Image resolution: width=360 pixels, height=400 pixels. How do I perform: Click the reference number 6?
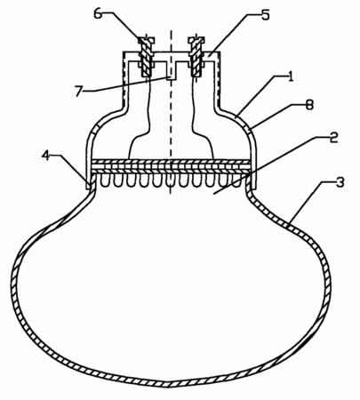click(99, 14)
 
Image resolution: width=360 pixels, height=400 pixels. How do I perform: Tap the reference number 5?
click(265, 14)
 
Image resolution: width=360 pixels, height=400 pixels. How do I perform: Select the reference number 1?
click(291, 76)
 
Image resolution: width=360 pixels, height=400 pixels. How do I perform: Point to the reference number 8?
click(309, 105)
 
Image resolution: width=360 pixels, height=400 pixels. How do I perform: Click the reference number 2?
click(333, 138)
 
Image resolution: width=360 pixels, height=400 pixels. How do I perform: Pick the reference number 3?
click(340, 182)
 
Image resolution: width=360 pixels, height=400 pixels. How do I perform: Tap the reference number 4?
click(46, 156)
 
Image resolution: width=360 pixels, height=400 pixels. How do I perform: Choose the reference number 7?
click(78, 91)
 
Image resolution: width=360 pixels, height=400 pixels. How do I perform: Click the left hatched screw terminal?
click(146, 56)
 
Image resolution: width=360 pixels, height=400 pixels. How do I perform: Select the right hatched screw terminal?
click(196, 56)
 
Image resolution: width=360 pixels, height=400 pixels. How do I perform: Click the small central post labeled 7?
click(172, 71)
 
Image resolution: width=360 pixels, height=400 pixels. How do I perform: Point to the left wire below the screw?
click(140, 117)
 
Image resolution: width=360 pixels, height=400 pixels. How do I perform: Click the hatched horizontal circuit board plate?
click(172, 167)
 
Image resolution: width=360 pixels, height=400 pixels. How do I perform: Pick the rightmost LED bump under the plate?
click(236, 180)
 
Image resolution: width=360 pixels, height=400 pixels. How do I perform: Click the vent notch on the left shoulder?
click(94, 131)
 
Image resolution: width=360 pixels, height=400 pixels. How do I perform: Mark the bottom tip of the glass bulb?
click(168, 385)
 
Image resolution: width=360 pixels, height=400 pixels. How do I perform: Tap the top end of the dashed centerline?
click(171, 30)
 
